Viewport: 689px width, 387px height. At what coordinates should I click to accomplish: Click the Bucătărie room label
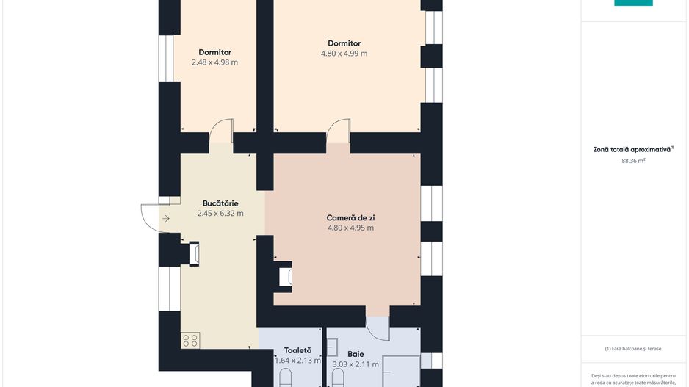pyautogui.click(x=220, y=203)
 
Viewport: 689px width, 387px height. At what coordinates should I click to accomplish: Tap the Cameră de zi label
pyautogui.click(x=350, y=218)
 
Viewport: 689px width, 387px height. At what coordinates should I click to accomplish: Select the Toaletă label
pyautogui.click(x=298, y=350)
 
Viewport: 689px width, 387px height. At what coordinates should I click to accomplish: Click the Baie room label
pyautogui.click(x=356, y=354)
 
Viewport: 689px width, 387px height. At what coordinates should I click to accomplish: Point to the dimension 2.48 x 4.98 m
pyautogui.click(x=215, y=62)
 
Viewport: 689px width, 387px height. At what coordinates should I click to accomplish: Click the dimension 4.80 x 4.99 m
pyautogui.click(x=344, y=54)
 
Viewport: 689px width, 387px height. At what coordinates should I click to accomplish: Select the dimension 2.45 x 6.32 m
pyautogui.click(x=220, y=214)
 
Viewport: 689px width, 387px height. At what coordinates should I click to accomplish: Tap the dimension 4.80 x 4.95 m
pyautogui.click(x=350, y=228)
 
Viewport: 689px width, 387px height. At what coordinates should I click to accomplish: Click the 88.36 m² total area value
pyautogui.click(x=633, y=161)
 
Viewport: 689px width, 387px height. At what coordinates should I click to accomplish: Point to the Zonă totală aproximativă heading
pyautogui.click(x=633, y=149)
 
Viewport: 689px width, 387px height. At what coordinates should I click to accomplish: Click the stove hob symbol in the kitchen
pyautogui.click(x=190, y=340)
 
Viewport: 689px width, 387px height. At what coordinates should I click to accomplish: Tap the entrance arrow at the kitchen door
pyautogui.click(x=166, y=218)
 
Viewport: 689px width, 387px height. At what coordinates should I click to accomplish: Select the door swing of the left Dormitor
pyautogui.click(x=221, y=131)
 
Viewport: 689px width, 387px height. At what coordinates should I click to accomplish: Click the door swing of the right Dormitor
pyautogui.click(x=339, y=131)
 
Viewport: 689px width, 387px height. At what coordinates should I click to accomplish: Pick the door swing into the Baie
pyautogui.click(x=378, y=328)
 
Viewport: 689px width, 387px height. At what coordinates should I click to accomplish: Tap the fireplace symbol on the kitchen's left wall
pyautogui.click(x=194, y=253)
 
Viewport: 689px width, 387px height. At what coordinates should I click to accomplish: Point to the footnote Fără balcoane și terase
pyautogui.click(x=633, y=349)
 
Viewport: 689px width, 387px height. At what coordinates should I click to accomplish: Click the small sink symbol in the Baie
pyautogui.click(x=332, y=347)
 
